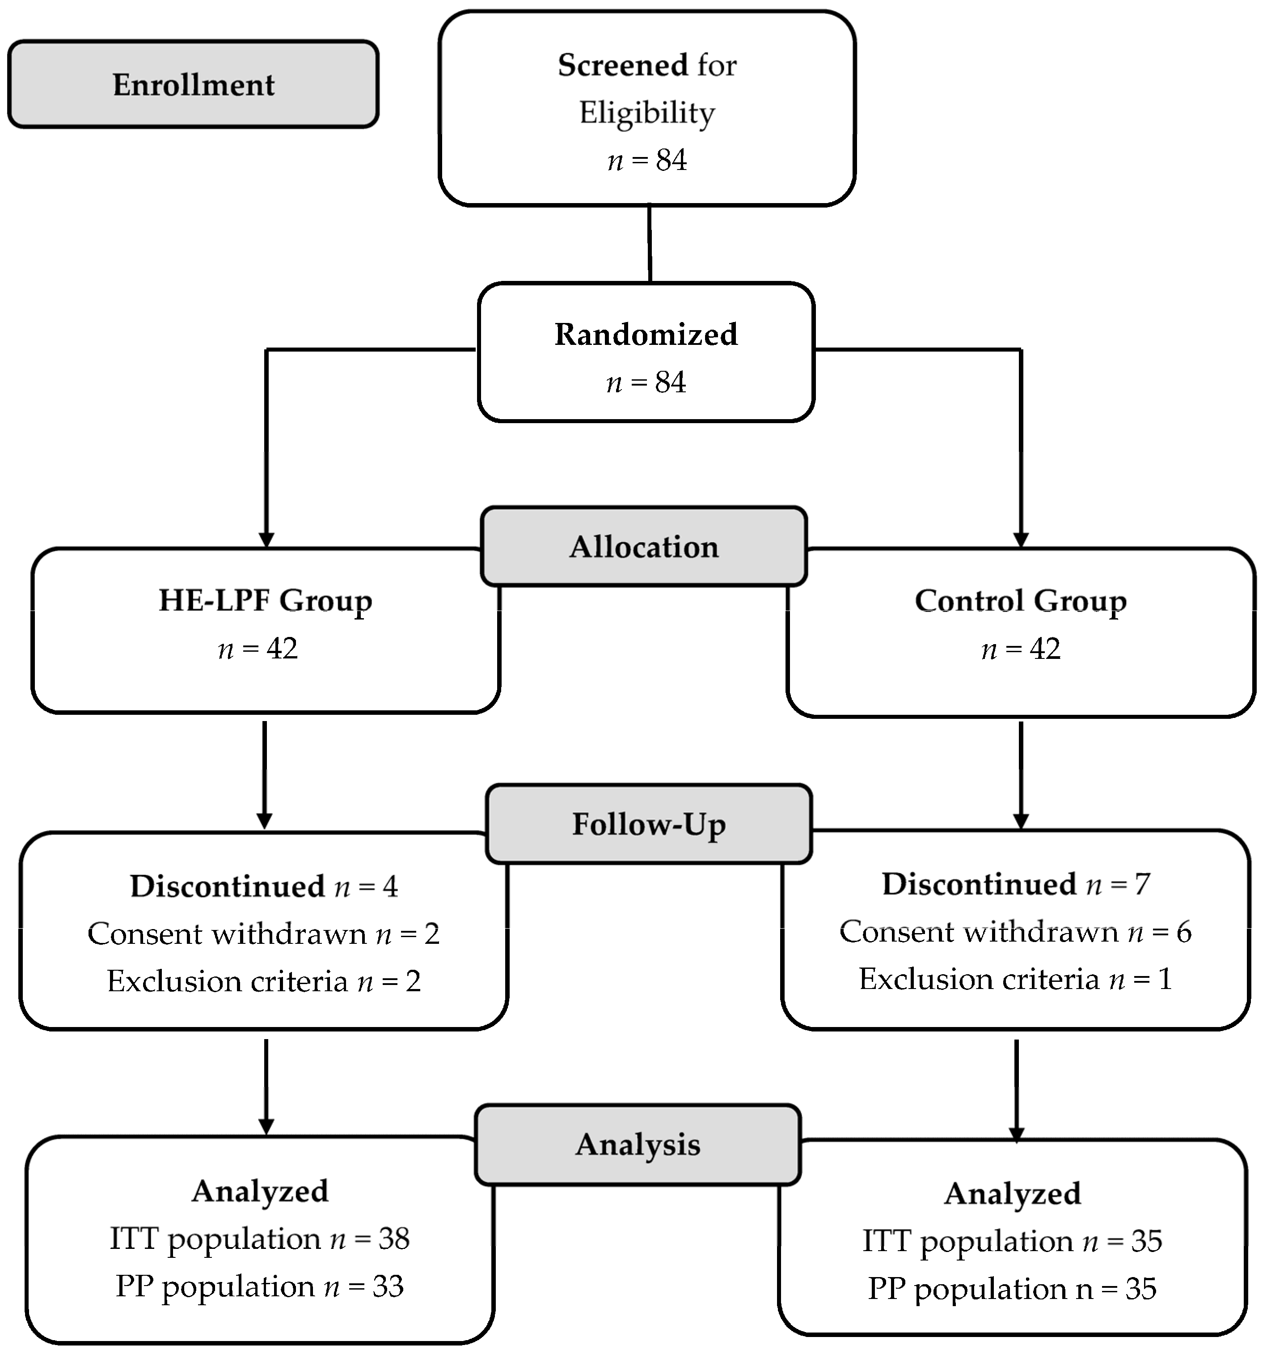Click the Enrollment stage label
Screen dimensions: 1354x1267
coord(193,85)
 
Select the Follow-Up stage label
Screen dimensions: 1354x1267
coord(649,824)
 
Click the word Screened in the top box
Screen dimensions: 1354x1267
coord(622,65)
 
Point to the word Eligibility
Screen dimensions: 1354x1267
coord(647,113)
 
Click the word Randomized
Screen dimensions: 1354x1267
coord(646,335)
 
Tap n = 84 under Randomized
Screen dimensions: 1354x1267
coord(646,382)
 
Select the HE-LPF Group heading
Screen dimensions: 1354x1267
coord(266,601)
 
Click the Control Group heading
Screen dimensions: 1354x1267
coord(1020,601)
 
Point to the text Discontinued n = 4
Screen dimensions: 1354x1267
coord(264,886)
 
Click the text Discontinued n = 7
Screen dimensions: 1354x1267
coord(1016,884)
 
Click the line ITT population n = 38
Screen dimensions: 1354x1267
coord(259,1238)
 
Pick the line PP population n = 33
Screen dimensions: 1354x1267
coord(259,1286)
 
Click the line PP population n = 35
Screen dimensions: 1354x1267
coord(1012,1289)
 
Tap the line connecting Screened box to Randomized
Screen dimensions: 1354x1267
coord(650,244)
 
